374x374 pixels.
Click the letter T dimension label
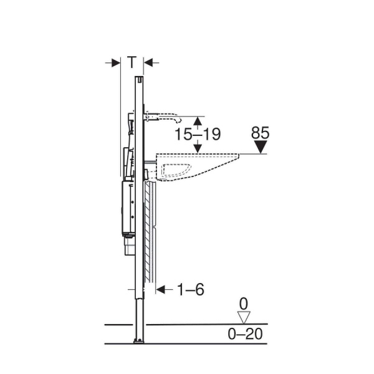132,62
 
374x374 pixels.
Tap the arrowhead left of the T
116,63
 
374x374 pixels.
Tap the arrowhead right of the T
148,63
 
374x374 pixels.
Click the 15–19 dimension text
198,134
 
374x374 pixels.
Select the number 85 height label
260,133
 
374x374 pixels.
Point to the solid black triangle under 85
261,146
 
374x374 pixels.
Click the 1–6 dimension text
190,289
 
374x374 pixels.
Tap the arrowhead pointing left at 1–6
161,290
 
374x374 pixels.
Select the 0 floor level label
244,304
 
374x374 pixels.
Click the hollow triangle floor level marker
244,317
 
